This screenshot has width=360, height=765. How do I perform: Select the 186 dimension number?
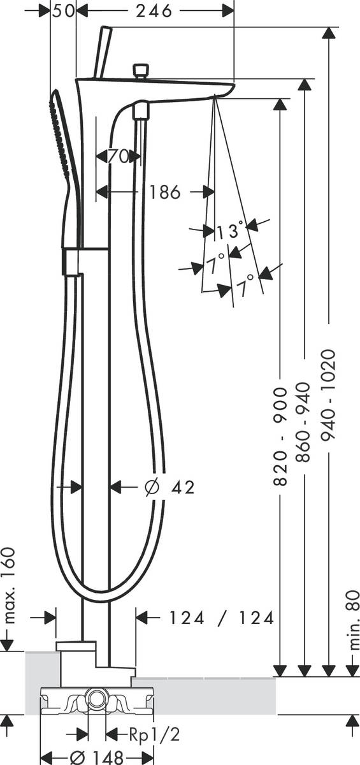point(165,191)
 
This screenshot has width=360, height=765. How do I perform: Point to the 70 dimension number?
point(119,156)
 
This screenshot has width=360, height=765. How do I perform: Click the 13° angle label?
point(229,230)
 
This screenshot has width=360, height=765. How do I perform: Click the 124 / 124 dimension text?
point(221,617)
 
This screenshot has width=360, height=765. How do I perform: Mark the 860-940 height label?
point(305,425)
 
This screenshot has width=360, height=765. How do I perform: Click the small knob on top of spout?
point(140,69)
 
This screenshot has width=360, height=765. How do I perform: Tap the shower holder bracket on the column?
point(71,261)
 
